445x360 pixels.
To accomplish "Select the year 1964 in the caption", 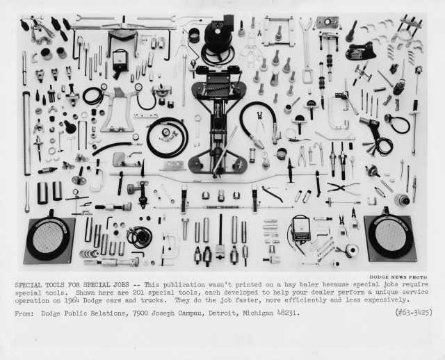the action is (x=72, y=300).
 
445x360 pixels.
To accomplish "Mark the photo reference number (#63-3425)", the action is (x=414, y=312).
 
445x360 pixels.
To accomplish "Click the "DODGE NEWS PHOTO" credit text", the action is (x=398, y=277).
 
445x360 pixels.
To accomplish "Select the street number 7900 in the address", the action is (x=141, y=313).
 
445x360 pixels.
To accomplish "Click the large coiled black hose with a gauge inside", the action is (x=168, y=138).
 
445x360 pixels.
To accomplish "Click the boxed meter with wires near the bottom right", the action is (x=301, y=228).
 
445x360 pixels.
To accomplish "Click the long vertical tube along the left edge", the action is (x=26, y=133).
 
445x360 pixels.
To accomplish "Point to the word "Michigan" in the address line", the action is (x=258, y=313).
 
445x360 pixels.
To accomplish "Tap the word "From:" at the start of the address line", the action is (x=24, y=313).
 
